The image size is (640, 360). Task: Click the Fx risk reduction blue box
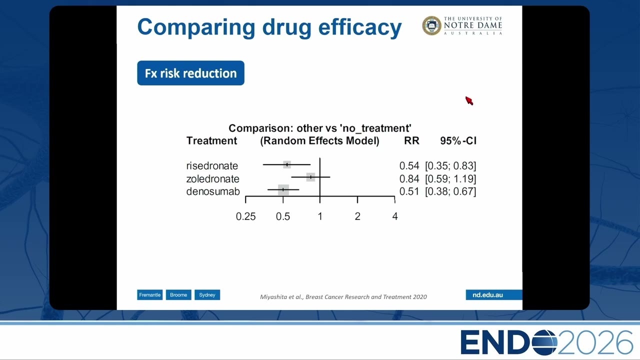[190, 73]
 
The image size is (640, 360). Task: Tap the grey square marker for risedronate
[287, 164]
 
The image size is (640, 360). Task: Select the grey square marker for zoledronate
[310, 177]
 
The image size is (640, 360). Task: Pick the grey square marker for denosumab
[283, 189]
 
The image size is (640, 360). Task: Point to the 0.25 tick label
[245, 216]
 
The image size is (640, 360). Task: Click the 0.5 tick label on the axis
[283, 216]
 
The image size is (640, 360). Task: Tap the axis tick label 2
[357, 216]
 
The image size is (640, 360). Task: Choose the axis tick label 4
[395, 216]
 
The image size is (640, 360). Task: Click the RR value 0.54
[409, 165]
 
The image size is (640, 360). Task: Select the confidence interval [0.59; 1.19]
[450, 179]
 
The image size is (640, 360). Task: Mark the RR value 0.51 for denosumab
[409, 191]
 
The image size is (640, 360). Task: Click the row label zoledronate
[213, 179]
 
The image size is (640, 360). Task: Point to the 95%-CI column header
[458, 141]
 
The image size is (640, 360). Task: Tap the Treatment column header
[211, 141]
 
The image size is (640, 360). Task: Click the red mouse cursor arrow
[469, 100]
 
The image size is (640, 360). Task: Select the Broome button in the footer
[178, 295]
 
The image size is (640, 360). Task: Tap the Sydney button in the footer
[207, 295]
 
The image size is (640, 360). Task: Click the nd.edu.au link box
[493, 295]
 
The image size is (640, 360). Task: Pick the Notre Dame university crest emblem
[431, 25]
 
